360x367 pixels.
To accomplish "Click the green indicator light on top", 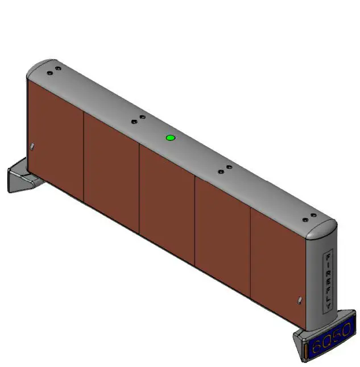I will [169, 137].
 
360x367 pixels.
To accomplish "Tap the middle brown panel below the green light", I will [167, 196].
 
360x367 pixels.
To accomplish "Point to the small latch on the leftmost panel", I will [32, 147].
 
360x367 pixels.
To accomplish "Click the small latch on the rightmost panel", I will [299, 300].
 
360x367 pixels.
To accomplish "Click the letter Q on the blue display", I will [329, 340].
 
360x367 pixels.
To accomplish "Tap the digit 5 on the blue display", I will [338, 334].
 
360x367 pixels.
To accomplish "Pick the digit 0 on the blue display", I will [347, 328].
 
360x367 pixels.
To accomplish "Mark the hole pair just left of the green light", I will [138, 119].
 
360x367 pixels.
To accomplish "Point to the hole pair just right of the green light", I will [225, 169].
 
